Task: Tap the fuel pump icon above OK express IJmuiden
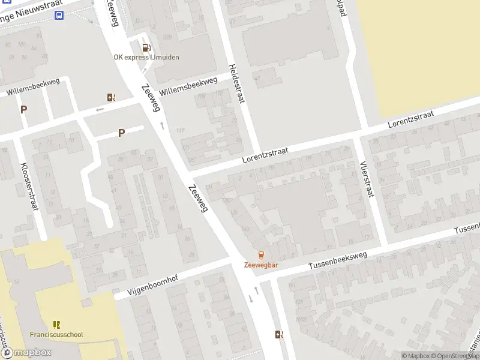pos(145,47)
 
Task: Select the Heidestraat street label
pos(236,83)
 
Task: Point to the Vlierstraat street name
pos(367,179)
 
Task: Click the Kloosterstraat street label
pos(29,187)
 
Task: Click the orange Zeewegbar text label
pos(261,265)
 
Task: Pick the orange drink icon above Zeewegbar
pos(261,255)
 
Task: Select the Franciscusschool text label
pos(56,335)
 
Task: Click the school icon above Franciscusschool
pos(57,325)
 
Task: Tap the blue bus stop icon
pos(59,16)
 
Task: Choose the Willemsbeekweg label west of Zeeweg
pos(33,88)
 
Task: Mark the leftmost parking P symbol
pos(24,109)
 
